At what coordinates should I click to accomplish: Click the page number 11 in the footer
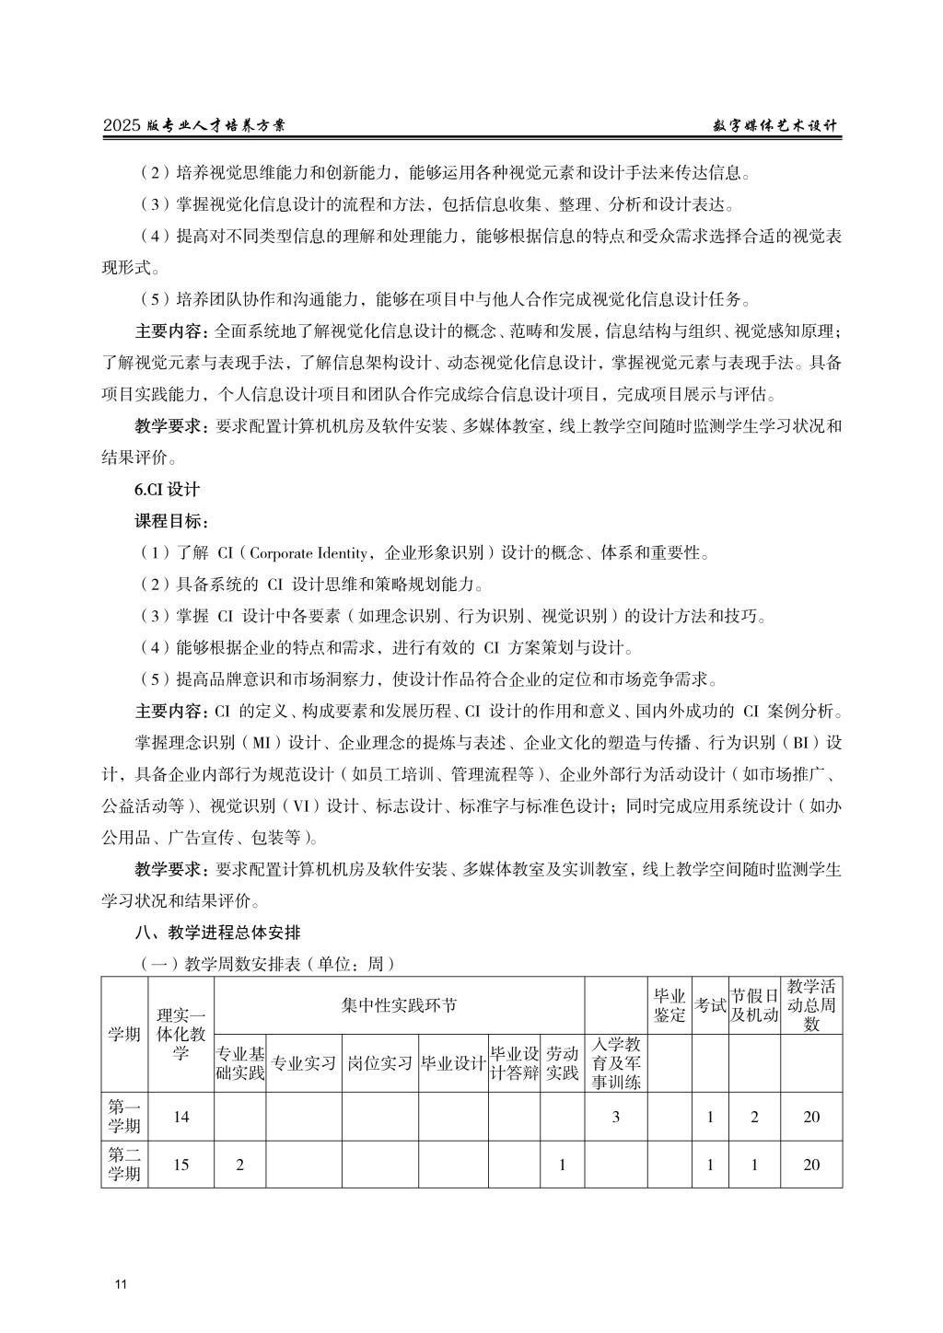click(121, 1284)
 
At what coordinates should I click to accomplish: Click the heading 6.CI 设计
click(167, 490)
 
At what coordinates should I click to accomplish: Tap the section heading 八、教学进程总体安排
click(217, 932)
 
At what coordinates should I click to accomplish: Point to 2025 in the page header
click(122, 127)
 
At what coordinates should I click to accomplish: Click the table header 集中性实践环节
click(399, 1005)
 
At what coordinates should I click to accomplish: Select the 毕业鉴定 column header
click(669, 1005)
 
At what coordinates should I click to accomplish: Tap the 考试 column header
click(709, 1005)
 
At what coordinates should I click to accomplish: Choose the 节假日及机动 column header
click(754, 1005)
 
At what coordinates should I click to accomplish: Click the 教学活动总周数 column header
click(810, 1005)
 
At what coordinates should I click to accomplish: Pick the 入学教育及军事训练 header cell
click(615, 1063)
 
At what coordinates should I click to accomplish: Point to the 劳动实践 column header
click(562, 1063)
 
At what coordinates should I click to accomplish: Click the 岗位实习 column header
click(379, 1063)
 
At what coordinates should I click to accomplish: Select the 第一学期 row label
click(124, 1117)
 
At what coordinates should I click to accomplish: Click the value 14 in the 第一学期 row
click(180, 1117)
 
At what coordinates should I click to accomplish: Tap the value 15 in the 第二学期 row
click(180, 1165)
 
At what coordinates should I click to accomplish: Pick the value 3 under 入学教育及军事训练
click(615, 1117)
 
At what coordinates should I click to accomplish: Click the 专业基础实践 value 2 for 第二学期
click(239, 1165)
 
